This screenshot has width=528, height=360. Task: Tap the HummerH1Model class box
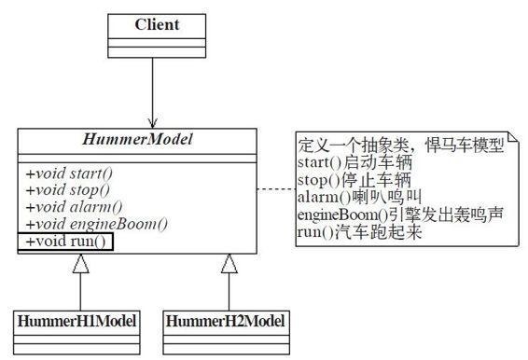click(78, 326)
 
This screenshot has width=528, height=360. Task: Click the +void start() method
click(68, 173)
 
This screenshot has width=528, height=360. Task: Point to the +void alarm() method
click(70, 207)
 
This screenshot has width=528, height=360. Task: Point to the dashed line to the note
click(273, 189)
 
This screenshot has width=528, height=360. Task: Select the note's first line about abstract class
click(400, 146)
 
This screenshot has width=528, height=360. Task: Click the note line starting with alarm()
click(360, 197)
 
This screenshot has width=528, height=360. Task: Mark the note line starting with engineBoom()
click(399, 214)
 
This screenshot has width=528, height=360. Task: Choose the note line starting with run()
click(360, 230)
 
